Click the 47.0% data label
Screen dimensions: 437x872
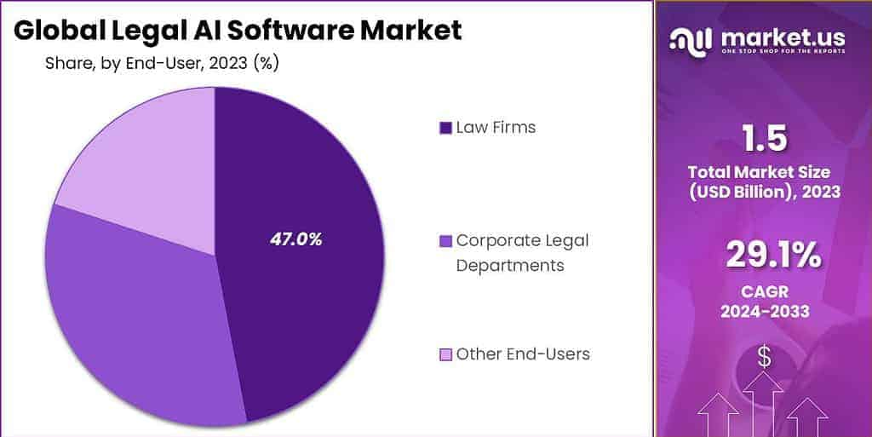(295, 239)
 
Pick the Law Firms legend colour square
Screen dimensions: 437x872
(445, 128)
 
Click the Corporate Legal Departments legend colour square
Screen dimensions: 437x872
(445, 241)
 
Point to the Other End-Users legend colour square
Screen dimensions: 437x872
(445, 354)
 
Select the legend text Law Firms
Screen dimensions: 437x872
(496, 128)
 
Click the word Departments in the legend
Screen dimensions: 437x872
(509, 265)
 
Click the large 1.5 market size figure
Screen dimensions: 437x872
(764, 138)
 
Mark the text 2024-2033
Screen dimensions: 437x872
(764, 312)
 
